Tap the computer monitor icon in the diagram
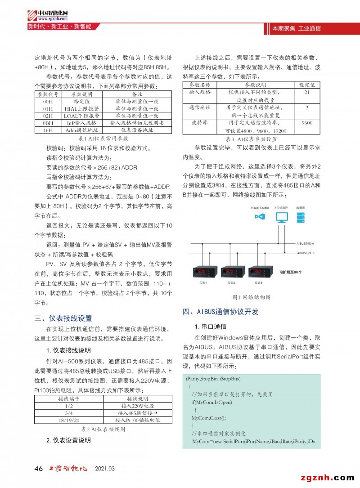coord(282,217)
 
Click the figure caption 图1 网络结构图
coord(251,297)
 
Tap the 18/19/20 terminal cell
coord(66,420)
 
